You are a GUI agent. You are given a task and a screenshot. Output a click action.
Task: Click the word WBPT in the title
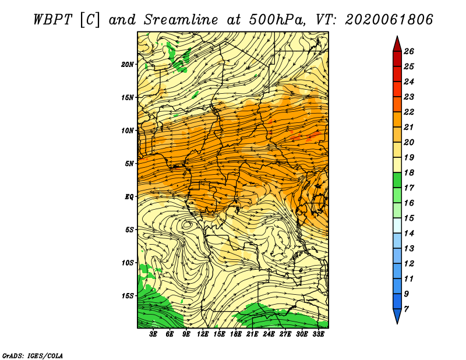(x=52, y=20)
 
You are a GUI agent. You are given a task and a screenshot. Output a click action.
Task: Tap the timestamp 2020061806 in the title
(x=389, y=20)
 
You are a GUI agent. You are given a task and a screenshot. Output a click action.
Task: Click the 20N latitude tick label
(x=128, y=65)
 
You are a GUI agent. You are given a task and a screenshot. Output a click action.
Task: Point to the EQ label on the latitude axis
(x=129, y=197)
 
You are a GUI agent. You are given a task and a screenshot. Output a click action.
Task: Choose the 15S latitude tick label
(x=128, y=296)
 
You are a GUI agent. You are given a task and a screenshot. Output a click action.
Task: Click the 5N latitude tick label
(x=129, y=164)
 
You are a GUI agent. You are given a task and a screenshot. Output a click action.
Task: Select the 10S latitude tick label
(x=128, y=263)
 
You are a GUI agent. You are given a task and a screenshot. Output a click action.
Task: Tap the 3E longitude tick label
(x=153, y=334)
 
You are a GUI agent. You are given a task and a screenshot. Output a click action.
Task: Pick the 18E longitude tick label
(x=236, y=334)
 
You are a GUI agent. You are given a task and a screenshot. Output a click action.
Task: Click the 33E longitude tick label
(x=318, y=334)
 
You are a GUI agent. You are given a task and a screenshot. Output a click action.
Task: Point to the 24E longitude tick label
(x=269, y=334)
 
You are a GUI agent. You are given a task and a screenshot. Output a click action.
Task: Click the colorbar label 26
(x=409, y=51)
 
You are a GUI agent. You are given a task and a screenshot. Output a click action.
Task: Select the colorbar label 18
(x=409, y=172)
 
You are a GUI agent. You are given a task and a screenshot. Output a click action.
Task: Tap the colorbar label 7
(x=406, y=309)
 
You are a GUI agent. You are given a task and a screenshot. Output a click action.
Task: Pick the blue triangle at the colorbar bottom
(x=397, y=315)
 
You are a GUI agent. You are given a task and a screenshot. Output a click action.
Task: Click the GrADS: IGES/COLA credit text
(x=33, y=356)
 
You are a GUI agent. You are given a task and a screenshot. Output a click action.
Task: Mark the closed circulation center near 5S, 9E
(x=187, y=224)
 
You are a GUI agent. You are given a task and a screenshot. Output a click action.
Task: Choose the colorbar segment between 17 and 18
(x=397, y=180)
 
